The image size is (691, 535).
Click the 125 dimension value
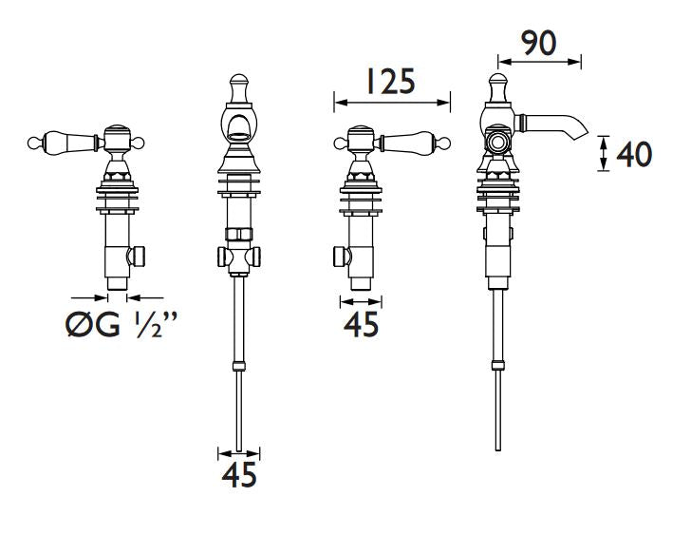[x=391, y=82]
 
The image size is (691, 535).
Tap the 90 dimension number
[x=538, y=43]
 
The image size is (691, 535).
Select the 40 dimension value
[x=634, y=154]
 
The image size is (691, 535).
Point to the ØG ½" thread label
[x=121, y=324]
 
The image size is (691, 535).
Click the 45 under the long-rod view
[x=239, y=475]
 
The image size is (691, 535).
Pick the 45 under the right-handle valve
[x=361, y=325]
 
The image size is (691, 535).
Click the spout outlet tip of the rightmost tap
[x=581, y=133]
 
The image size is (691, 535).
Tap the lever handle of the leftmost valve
[x=66, y=142]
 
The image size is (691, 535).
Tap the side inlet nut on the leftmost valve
[x=137, y=257]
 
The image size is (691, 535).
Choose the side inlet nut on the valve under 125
[x=342, y=258]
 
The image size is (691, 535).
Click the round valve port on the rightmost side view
[x=498, y=143]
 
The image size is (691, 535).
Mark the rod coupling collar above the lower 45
[x=239, y=366]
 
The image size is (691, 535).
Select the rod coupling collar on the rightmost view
[x=498, y=365]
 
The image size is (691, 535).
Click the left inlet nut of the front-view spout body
[x=222, y=257]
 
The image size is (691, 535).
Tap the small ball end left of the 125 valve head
[x=340, y=143]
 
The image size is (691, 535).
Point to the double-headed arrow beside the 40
[x=604, y=153]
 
